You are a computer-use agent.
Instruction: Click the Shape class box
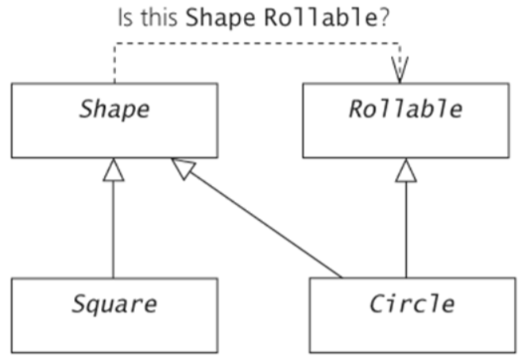click(x=114, y=120)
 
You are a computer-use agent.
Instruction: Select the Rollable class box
click(x=406, y=120)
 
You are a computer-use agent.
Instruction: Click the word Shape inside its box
click(x=114, y=109)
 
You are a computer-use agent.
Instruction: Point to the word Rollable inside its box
click(x=405, y=109)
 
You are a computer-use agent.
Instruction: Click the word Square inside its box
click(x=114, y=304)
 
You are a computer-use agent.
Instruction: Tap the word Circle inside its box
click(x=412, y=304)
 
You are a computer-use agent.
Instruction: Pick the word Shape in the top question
click(x=215, y=17)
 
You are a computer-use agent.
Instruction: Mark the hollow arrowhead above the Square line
click(x=114, y=169)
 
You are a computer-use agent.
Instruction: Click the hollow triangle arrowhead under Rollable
click(x=406, y=169)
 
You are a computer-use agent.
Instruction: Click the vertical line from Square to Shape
click(x=114, y=230)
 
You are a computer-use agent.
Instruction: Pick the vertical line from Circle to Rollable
click(x=406, y=230)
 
